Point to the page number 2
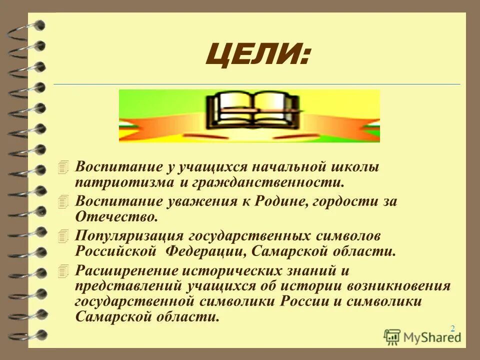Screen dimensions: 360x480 452,328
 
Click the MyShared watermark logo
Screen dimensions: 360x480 422,336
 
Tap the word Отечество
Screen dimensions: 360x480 116,216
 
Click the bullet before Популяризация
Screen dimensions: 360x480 62,235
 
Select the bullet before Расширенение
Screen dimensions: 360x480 62,270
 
